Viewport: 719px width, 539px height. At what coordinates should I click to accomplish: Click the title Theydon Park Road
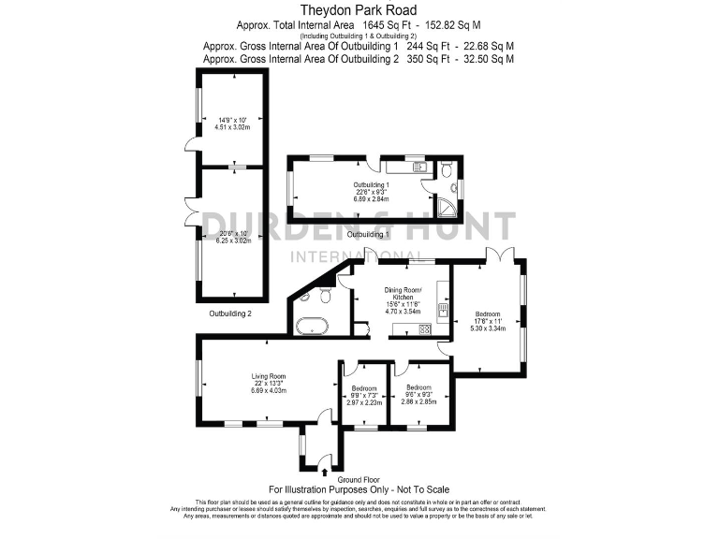pos(359,9)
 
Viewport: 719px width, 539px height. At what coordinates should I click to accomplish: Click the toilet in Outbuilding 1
pos(447,172)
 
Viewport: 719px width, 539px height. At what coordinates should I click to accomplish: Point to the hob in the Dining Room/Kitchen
pos(425,328)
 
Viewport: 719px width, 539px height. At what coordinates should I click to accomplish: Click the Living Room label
pos(268,377)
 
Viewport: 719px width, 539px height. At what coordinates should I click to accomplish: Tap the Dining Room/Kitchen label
pos(404,294)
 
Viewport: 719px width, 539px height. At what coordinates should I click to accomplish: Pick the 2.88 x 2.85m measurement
pos(418,401)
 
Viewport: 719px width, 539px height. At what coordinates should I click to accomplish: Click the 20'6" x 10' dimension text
pos(231,233)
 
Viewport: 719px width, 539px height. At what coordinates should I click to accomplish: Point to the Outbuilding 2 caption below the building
pos(230,313)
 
